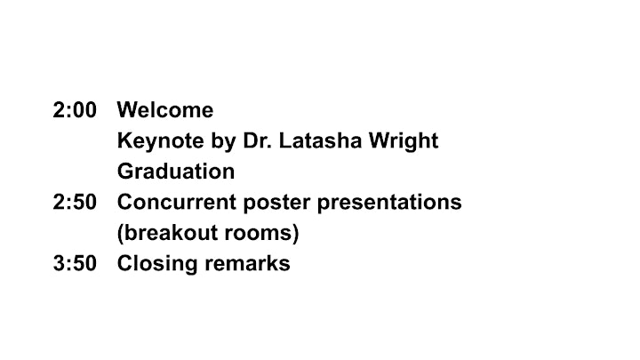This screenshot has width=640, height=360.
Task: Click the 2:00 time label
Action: [75, 110]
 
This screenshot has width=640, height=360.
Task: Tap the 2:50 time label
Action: [75, 202]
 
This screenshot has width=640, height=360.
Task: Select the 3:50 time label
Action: [75, 263]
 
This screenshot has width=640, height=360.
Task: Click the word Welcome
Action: [165, 110]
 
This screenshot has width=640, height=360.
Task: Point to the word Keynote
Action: [161, 141]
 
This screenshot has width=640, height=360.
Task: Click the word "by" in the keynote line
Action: [224, 141]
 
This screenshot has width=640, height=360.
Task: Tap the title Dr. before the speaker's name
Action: [258, 140]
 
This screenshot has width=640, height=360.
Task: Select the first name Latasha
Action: [321, 140]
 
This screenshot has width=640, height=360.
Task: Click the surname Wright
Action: [404, 141]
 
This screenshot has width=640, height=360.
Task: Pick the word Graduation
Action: [176, 172]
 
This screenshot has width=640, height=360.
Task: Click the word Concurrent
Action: [177, 202]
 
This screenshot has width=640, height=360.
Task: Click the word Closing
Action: [157, 264]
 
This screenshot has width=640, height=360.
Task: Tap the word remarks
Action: [247, 263]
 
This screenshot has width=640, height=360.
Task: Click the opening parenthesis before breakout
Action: [120, 234]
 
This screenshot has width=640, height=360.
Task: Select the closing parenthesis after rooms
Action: [296, 234]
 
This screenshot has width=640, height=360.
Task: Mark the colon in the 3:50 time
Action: [68, 265]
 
